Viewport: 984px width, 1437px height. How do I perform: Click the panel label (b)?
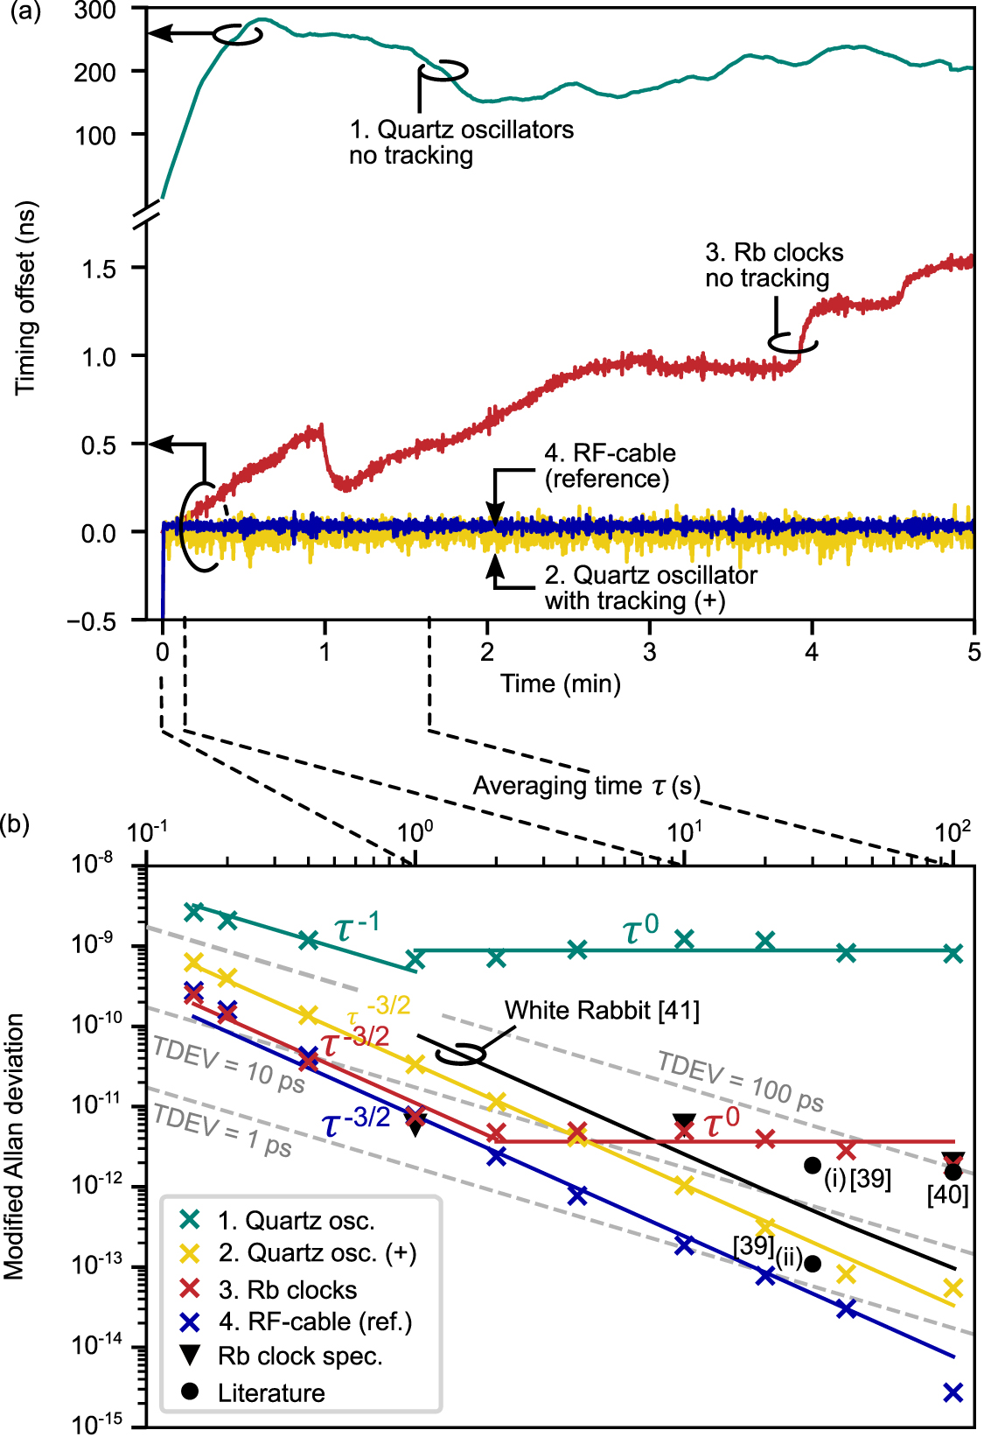15,824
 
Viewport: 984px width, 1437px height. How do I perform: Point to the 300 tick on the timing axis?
94,11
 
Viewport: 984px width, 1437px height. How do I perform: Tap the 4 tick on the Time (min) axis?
812,652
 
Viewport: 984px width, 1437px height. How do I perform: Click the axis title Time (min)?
561,683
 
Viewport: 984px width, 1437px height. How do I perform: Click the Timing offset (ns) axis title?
25,298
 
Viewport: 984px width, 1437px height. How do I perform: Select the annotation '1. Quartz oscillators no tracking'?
461,142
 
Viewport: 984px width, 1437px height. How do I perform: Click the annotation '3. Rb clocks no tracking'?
774,265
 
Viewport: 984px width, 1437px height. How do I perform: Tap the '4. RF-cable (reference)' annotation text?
610,466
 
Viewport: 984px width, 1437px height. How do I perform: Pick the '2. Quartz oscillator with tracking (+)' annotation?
651,587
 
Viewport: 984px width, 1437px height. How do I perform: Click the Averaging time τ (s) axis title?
587,786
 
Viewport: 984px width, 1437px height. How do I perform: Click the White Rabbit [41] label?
602,1011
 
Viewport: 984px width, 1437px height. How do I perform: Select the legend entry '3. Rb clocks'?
287,1290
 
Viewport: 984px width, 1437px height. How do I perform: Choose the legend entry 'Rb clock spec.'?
300,1356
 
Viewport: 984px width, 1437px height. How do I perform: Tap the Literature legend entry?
271,1392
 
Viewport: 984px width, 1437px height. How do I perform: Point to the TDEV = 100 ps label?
740,1082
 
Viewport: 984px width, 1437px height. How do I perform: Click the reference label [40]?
948,1195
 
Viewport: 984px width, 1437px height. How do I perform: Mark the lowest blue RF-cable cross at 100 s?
953,1391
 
